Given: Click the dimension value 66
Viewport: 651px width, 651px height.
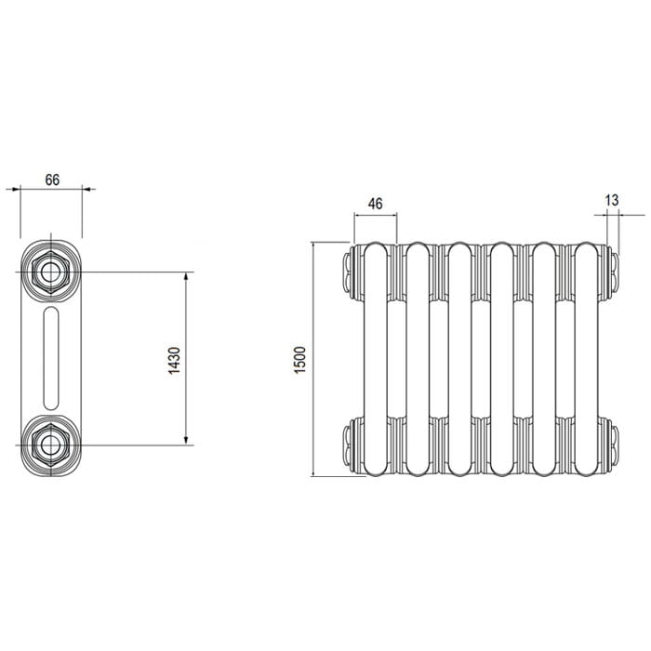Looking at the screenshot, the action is [x=52, y=179].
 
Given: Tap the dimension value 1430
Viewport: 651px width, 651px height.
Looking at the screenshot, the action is [x=175, y=361].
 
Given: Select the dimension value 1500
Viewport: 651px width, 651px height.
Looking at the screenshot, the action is [x=299, y=360].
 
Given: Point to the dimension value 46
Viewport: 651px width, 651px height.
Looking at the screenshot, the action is [x=376, y=204].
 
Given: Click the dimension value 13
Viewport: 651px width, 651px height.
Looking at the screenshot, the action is [x=612, y=200].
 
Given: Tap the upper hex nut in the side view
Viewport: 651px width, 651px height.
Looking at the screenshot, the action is [x=50, y=272].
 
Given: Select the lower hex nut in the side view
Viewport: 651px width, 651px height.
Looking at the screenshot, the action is [x=50, y=445].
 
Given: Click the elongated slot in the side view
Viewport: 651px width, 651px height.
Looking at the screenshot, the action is [x=51, y=358].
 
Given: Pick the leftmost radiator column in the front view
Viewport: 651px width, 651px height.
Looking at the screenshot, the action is [x=376, y=359].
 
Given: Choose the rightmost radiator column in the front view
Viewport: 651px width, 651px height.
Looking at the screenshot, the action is [x=587, y=359].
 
